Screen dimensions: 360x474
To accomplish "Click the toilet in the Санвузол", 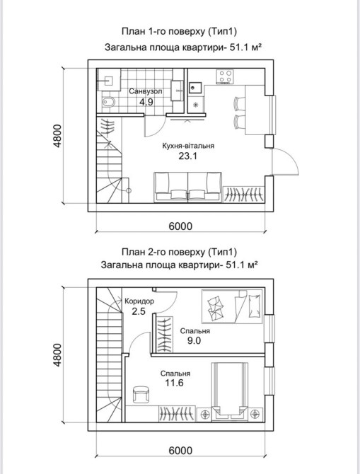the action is point(108,102).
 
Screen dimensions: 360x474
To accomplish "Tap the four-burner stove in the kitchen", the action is point(225,76).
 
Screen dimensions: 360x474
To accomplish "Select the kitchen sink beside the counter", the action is point(194,87).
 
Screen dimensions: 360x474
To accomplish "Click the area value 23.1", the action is point(188,156).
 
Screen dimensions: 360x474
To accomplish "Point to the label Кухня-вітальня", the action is point(188,146).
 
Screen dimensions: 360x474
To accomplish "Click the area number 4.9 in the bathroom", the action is point(146,102).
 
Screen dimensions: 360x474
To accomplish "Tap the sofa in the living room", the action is point(187,187).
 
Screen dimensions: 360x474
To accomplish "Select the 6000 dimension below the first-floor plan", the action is point(180,226).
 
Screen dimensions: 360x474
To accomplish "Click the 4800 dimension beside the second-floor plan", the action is point(57,354).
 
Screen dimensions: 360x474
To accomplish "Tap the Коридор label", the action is point(139,301).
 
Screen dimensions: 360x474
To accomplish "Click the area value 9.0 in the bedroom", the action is point(194,341).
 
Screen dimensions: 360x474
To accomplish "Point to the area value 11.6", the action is point(174,383).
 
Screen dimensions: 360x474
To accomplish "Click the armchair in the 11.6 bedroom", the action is point(141,395).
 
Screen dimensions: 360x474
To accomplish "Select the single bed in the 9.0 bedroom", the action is point(232,306).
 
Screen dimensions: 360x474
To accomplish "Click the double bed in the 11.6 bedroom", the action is point(230,391).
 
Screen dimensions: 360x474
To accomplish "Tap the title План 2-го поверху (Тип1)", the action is point(179,252).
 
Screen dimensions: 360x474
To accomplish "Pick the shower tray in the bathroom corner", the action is point(108,79).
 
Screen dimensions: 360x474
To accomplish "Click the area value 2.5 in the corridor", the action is point(139,311).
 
